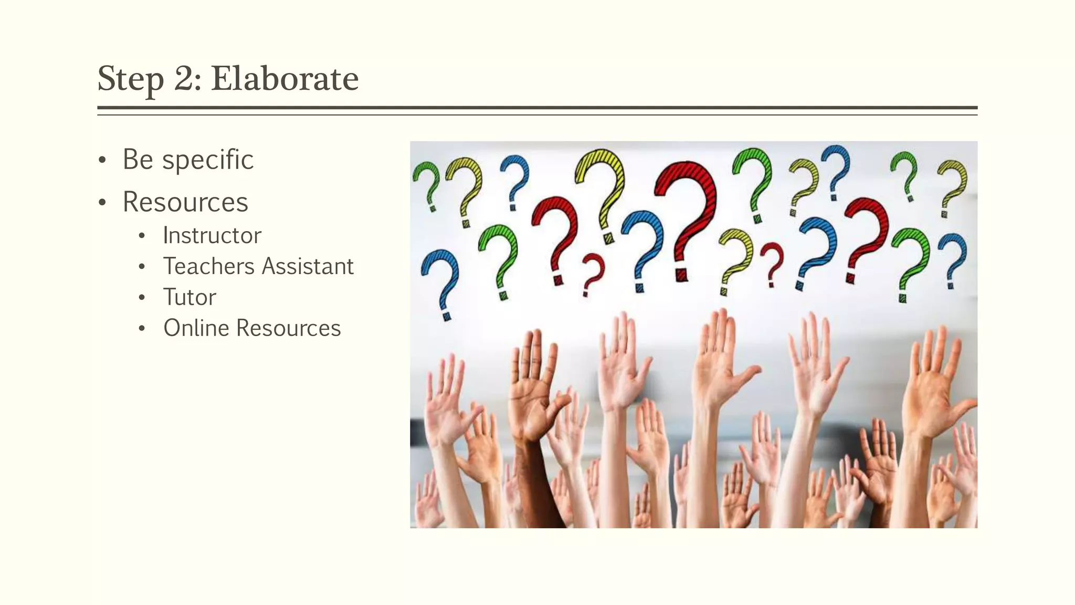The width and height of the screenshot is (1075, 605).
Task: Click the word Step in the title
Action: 131,79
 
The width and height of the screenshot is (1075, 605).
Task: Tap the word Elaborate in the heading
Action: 284,79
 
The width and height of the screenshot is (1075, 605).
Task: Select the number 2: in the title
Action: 187,79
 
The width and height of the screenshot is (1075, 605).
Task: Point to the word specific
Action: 208,160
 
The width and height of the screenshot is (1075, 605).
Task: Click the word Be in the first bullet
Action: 138,160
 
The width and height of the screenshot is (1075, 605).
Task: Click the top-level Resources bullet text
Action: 185,202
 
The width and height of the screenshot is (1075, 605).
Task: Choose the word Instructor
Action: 212,235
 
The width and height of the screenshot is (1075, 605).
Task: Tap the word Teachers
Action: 208,266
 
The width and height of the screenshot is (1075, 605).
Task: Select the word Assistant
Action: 308,266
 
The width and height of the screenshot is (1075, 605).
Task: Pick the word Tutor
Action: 189,297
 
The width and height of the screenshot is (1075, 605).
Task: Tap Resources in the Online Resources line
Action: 288,328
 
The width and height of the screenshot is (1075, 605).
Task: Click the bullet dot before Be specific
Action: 102,160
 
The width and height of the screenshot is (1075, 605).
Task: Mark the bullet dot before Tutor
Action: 141,298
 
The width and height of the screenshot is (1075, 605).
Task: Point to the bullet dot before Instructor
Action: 141,236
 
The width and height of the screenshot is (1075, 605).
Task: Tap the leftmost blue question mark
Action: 441,278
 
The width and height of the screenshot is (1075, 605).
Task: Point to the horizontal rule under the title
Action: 537,108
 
